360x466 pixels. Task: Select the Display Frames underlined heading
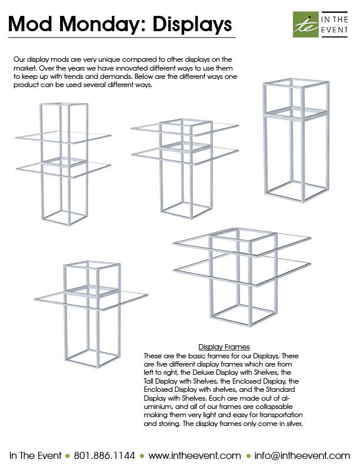point(224,347)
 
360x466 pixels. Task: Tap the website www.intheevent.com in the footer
point(195,455)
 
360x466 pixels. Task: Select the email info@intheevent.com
point(303,455)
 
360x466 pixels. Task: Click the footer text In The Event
point(36,455)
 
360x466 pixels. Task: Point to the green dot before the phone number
point(68,455)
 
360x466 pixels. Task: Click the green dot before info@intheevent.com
point(248,455)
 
